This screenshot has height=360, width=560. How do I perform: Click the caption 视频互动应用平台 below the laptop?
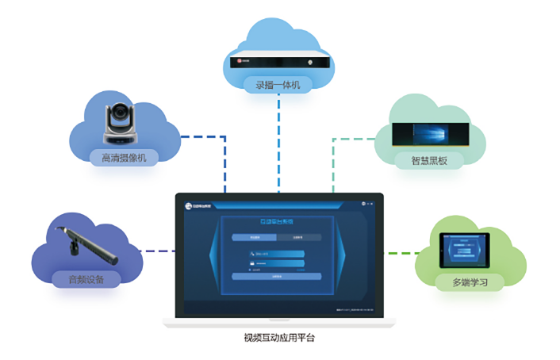pos(278,339)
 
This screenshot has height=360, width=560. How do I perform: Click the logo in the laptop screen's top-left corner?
pos(196,205)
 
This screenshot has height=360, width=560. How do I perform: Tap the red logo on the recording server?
pos(237,61)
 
